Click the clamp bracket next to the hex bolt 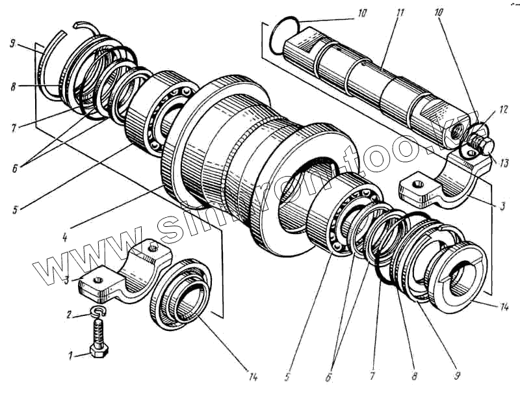pos(130,273)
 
